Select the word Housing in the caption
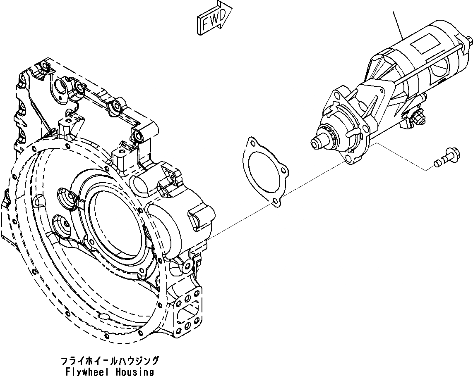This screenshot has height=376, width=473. click(133, 371)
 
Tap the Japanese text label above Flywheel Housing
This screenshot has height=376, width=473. click(110, 361)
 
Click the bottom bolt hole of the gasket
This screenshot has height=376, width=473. click(275, 202)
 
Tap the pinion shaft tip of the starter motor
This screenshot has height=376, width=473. click(316, 143)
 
